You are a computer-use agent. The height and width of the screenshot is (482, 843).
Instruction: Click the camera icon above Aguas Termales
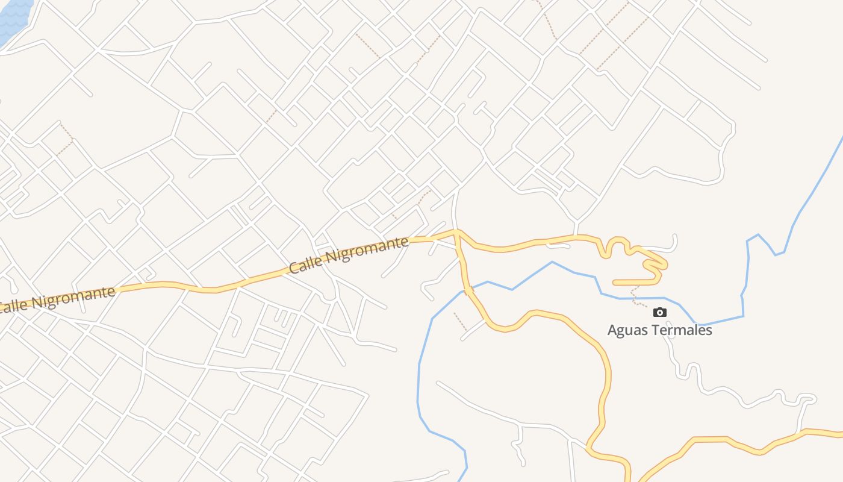point(660,312)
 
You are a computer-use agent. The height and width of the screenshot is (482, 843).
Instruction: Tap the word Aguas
point(627,330)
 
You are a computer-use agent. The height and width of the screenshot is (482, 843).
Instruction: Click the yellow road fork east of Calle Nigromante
point(457,232)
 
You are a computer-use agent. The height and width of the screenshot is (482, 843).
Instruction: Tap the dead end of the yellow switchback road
point(615,282)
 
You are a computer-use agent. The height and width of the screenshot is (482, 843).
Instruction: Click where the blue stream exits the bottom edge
point(460,480)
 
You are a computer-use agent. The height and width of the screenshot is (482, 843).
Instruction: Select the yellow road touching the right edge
point(837,433)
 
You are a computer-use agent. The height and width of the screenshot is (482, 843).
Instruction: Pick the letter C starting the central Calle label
point(294,266)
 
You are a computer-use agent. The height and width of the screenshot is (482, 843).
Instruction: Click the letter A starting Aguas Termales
point(612,330)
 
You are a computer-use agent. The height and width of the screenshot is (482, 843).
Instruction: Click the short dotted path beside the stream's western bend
point(460,321)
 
